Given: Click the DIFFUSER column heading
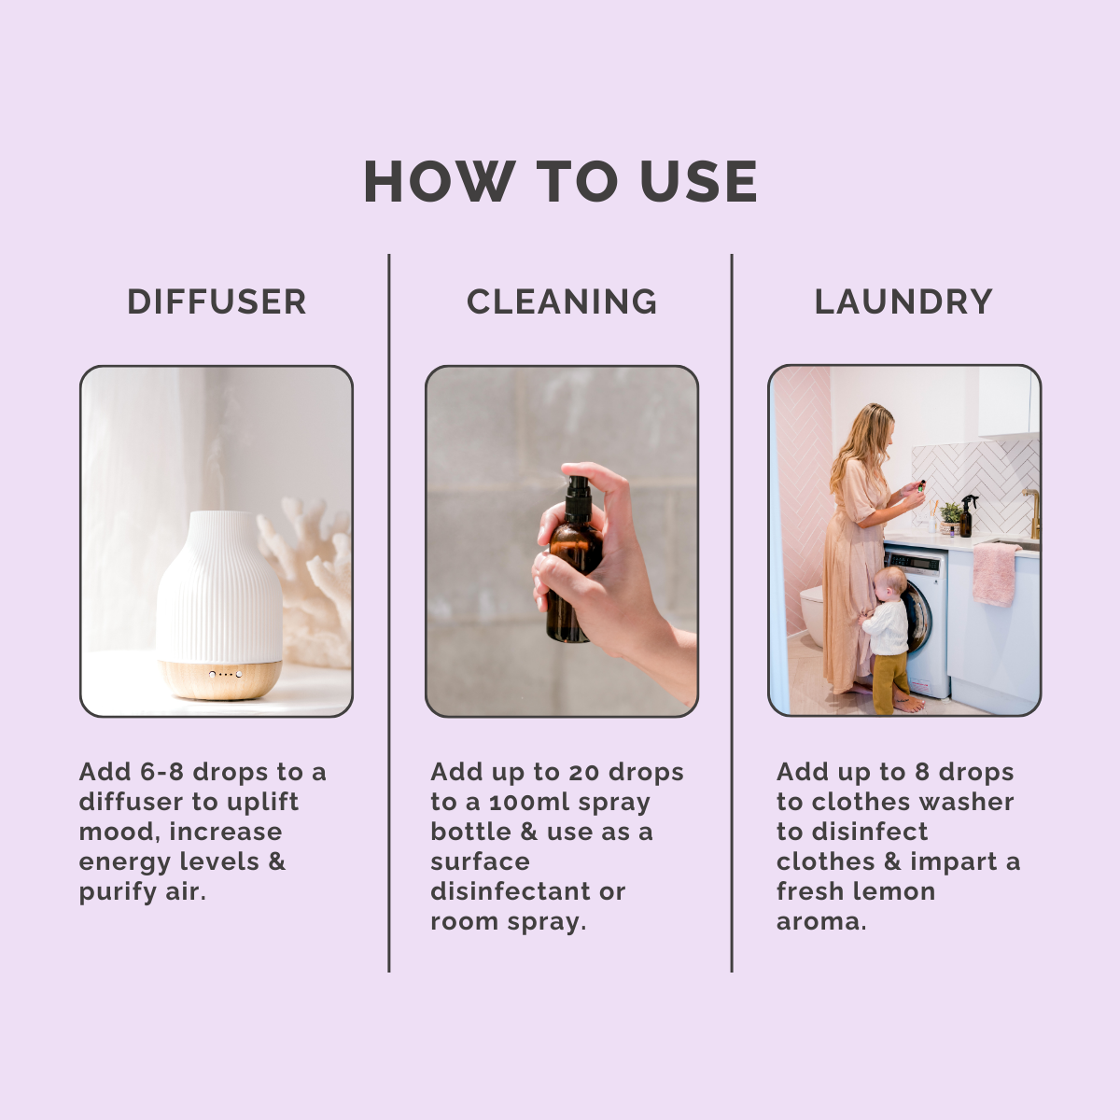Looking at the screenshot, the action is pyautogui.click(x=217, y=301).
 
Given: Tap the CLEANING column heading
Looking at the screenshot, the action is pyautogui.click(x=562, y=301).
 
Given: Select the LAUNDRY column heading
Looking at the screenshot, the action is pyautogui.click(x=903, y=301).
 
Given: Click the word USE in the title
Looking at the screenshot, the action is pyautogui.click(x=699, y=181).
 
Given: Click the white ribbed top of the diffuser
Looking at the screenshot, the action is pyautogui.click(x=219, y=587).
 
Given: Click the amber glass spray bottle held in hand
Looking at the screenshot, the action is pyautogui.click(x=573, y=581).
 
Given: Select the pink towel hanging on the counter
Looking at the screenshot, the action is pyautogui.click(x=996, y=574).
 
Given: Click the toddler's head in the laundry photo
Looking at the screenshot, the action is pyautogui.click(x=889, y=584).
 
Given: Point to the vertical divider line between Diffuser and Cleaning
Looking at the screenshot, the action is pyautogui.click(x=389, y=613).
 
